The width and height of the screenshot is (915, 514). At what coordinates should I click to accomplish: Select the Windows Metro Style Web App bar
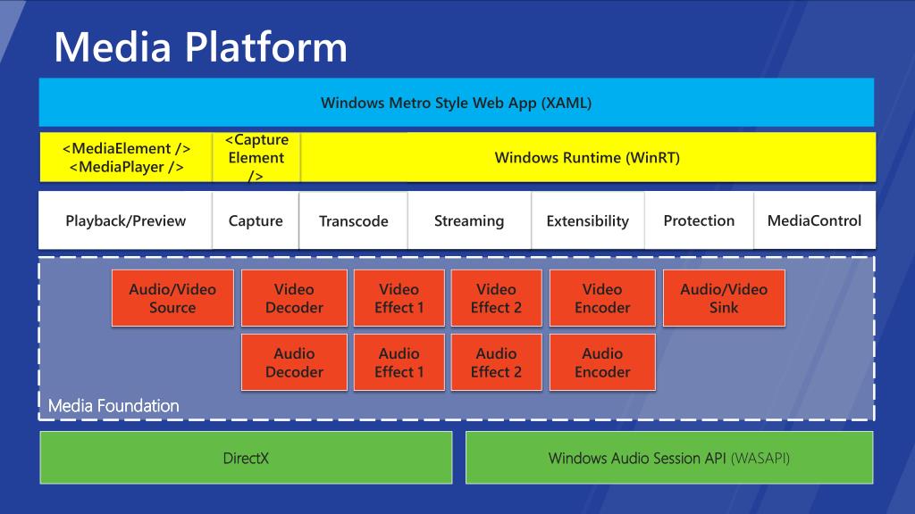click(x=457, y=103)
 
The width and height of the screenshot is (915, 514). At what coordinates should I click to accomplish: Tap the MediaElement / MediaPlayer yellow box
click(x=126, y=157)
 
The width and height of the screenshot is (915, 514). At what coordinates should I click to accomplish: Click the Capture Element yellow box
click(x=256, y=157)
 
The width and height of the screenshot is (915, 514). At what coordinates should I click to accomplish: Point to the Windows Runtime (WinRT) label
click(x=587, y=158)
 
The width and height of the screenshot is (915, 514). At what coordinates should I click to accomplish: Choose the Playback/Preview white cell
click(x=125, y=220)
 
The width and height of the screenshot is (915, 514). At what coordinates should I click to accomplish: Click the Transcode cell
click(x=354, y=220)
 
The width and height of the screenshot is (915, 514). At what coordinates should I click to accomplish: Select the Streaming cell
click(x=469, y=220)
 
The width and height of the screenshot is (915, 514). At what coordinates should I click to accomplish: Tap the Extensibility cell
click(x=588, y=220)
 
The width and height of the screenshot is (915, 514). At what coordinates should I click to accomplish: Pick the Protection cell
click(x=699, y=220)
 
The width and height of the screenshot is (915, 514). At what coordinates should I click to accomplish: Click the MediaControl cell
click(x=815, y=220)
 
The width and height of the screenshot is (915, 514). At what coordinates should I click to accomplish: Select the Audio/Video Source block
click(x=172, y=298)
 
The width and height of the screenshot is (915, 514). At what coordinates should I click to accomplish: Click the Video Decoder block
click(x=294, y=298)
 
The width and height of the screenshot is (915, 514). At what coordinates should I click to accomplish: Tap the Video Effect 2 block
click(x=496, y=298)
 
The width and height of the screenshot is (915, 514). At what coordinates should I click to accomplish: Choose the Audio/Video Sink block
click(x=724, y=298)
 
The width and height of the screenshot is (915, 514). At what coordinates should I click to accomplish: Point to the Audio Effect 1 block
click(x=399, y=362)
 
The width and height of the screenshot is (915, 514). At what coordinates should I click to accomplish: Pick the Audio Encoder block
click(x=602, y=362)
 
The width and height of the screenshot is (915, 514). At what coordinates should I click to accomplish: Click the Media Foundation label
click(x=113, y=406)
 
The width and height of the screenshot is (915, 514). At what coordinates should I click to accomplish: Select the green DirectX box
click(x=246, y=458)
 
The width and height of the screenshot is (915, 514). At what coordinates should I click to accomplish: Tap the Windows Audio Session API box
click(x=669, y=458)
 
